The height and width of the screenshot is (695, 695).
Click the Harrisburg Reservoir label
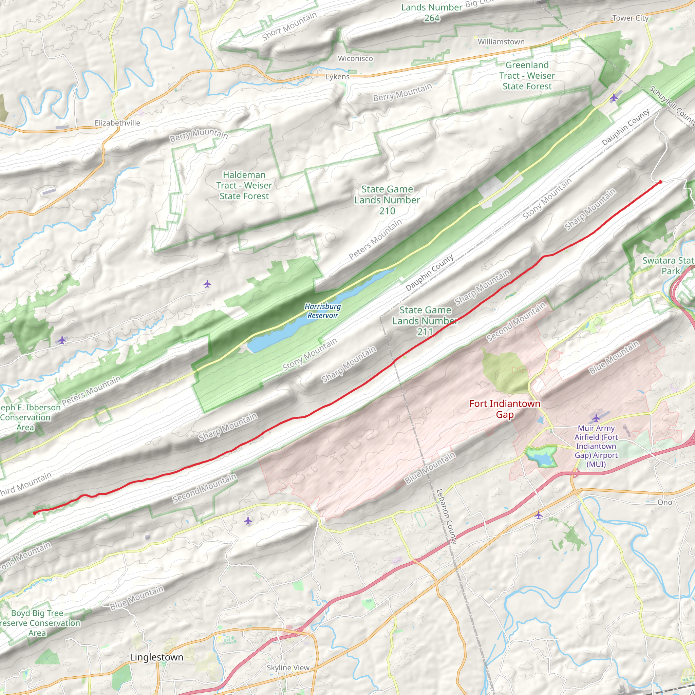pos(323,311)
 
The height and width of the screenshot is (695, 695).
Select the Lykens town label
pos(337,77)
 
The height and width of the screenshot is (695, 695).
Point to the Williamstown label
pos(501,42)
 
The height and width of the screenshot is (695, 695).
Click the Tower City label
pos(630,18)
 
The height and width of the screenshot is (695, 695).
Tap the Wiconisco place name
pos(355,59)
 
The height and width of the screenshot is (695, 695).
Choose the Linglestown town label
pos(156,657)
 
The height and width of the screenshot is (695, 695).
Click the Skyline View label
pos(288,668)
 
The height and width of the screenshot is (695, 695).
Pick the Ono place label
pos(664,502)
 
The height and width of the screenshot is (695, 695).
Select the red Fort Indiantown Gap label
pos(505,409)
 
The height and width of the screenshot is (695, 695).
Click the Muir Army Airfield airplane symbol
pos(596,418)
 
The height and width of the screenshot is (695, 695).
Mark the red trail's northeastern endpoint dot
pos(660,182)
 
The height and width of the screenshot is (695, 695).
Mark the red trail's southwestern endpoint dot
pos(35,513)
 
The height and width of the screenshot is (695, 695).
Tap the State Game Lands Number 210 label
pos(387,200)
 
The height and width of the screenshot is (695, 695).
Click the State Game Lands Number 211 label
pos(425,321)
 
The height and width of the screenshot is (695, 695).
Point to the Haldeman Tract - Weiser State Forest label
pos(244,185)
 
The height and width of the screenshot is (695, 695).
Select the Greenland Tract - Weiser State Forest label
pos(527,76)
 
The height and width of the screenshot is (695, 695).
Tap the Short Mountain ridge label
pos(289,26)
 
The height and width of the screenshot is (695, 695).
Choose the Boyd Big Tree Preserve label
pos(37,623)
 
